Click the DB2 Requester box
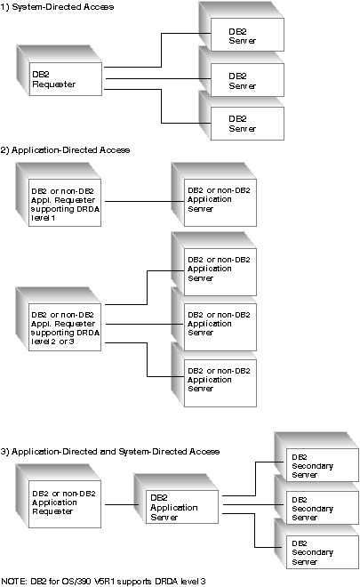click(x=66, y=79)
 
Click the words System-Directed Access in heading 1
click(x=63, y=7)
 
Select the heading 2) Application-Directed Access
click(x=65, y=150)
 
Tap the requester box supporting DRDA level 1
click(x=65, y=203)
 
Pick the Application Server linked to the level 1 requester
click(x=220, y=203)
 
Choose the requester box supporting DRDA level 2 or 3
click(x=65, y=326)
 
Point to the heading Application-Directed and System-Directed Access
click(x=116, y=452)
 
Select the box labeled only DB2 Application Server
click(x=182, y=507)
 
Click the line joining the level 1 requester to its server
click(x=145, y=201)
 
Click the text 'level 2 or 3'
click(x=52, y=342)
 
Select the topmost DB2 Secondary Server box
click(x=322, y=465)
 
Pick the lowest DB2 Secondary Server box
click(x=322, y=551)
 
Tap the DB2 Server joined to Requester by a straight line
click(x=247, y=80)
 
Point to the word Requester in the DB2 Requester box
click(x=54, y=84)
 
